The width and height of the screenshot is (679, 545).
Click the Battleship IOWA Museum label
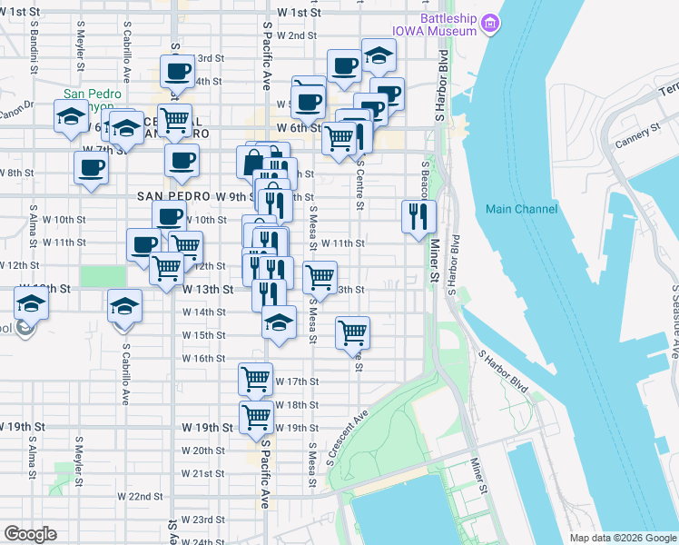pyautogui.click(x=434, y=25)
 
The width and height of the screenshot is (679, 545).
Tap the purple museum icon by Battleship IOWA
pyautogui.click(x=490, y=22)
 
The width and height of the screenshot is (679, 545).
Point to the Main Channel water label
pyautogui.click(x=521, y=209)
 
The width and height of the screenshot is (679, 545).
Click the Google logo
pyautogui.click(x=30, y=534)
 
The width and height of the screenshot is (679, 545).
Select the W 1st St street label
pyautogui.click(x=300, y=13)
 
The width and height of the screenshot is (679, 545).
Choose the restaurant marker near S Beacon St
pyautogui.click(x=418, y=216)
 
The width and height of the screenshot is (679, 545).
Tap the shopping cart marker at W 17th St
pyautogui.click(x=255, y=378)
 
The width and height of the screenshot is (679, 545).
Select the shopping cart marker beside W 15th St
pyautogui.click(x=352, y=332)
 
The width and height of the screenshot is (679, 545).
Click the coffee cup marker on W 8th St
pyautogui.click(x=91, y=167)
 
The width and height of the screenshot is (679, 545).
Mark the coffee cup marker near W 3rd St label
pyautogui.click(x=177, y=70)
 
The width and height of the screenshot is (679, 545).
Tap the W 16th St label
pyautogui.click(x=203, y=359)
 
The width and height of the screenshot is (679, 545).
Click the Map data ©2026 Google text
pyautogui.click(x=623, y=538)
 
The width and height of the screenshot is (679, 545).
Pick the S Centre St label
pyautogui.click(x=360, y=191)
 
